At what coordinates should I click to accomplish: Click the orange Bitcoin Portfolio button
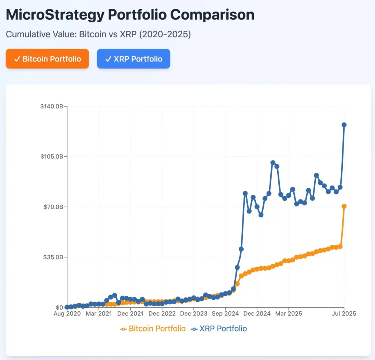47,59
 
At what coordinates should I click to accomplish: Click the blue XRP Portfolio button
133,59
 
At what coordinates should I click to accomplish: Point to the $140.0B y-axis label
52,106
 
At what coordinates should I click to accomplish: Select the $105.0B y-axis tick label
52,156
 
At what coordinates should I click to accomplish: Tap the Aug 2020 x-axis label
67,314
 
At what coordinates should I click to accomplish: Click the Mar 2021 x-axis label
99,314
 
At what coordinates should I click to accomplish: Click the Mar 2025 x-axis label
289,314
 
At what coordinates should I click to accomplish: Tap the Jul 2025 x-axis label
344,314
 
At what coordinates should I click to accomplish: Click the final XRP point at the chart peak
344,125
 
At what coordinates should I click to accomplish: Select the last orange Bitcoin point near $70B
344,207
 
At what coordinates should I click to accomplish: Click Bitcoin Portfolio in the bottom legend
157,329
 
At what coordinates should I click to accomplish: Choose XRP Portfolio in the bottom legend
223,329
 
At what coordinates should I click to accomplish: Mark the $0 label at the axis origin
59,308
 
